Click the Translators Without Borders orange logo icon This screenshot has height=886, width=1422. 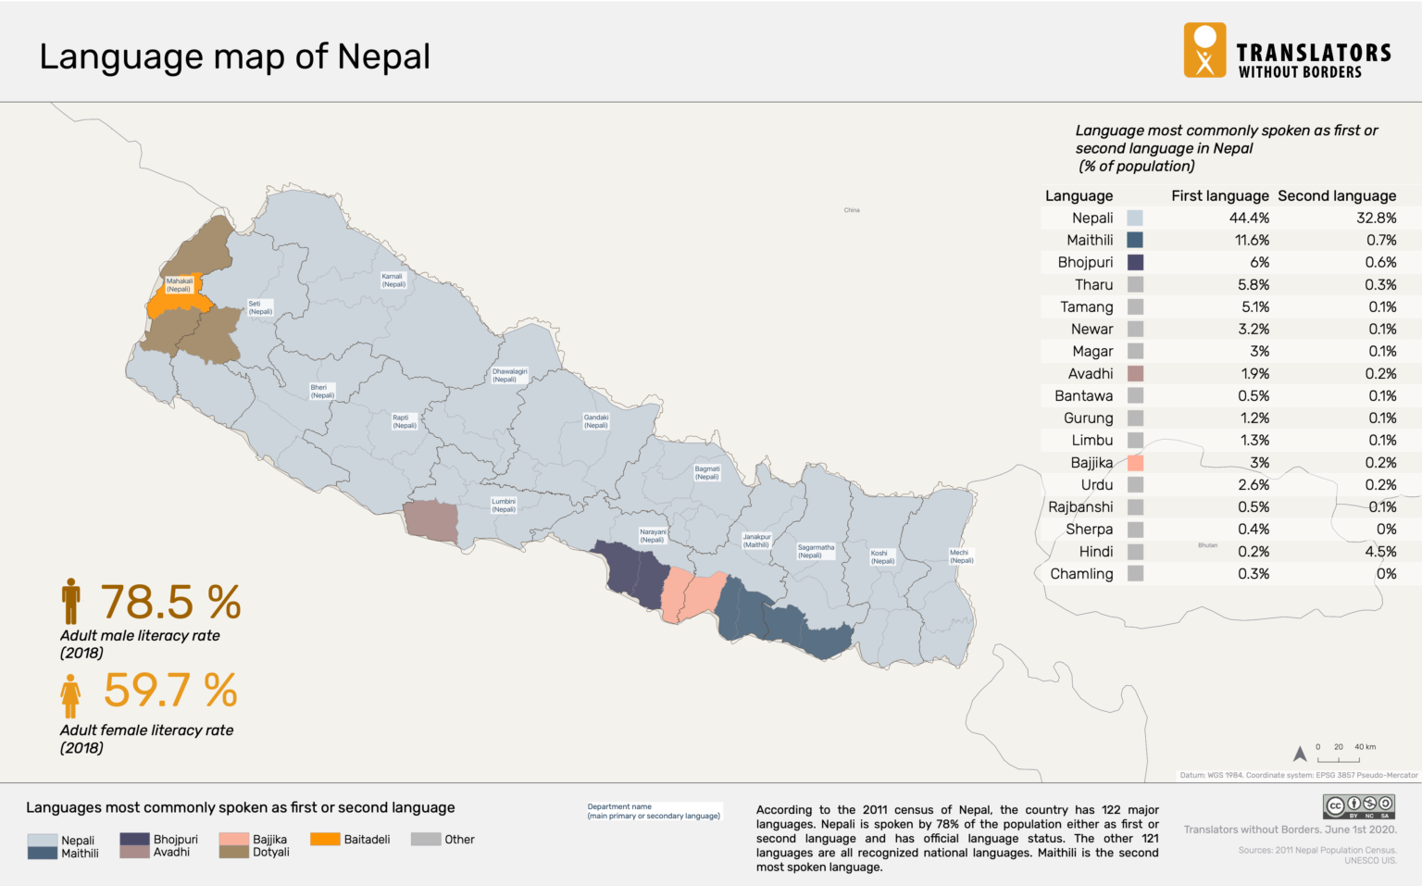(x=1204, y=50)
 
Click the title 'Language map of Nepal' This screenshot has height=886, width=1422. (x=234, y=56)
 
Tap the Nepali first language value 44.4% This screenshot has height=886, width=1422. (x=1249, y=218)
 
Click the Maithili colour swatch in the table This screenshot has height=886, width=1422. (x=1135, y=241)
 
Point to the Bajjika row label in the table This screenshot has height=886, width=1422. (x=1091, y=463)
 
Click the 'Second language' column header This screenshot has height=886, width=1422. (x=1336, y=196)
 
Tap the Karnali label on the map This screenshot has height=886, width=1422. (x=393, y=281)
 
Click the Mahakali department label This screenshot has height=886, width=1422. (x=180, y=285)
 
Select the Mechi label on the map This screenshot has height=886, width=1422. (x=960, y=556)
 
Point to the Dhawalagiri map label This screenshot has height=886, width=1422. (x=509, y=375)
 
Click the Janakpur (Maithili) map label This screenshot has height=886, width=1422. (x=756, y=541)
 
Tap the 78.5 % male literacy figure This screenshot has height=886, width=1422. (x=170, y=603)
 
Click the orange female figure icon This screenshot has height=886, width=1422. (x=70, y=696)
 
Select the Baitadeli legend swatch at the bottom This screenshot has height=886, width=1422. (x=324, y=840)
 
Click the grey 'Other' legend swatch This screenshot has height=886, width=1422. (x=425, y=840)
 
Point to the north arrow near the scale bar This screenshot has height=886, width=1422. (x=1300, y=754)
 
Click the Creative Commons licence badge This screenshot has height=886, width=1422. (x=1358, y=805)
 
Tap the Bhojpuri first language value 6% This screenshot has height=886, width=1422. (x=1259, y=263)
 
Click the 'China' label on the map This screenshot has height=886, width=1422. (x=852, y=210)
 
